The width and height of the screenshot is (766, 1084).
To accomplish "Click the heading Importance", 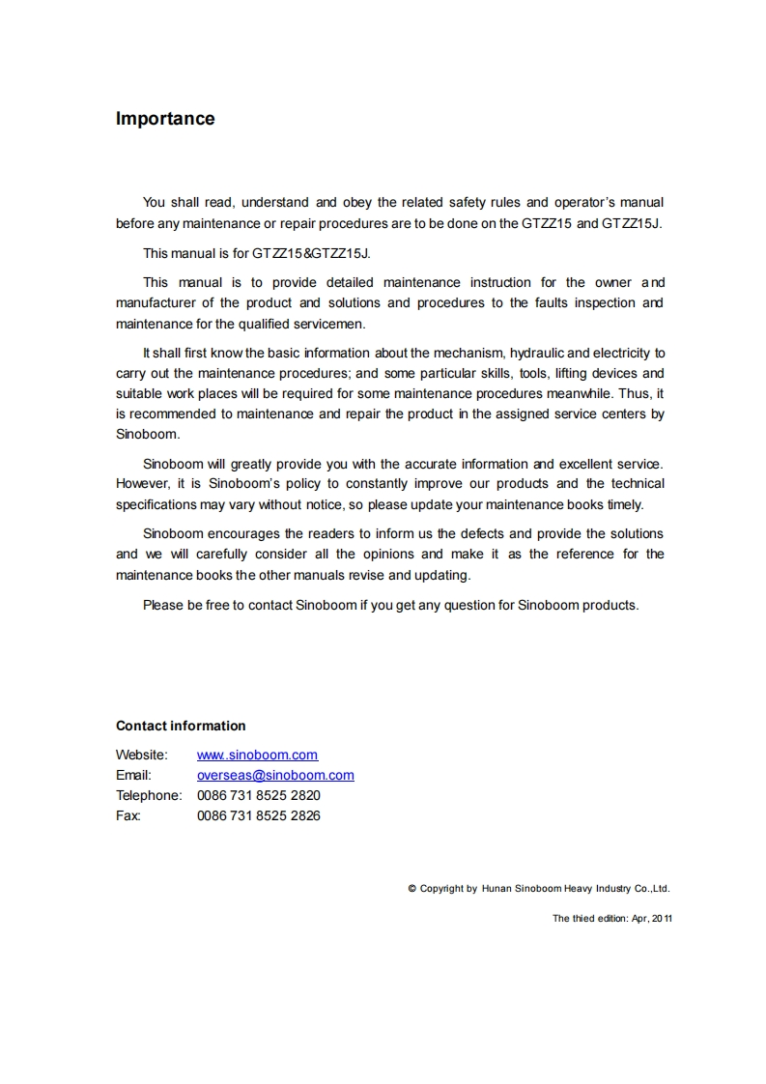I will [165, 119].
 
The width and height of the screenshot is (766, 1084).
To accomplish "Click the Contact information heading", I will [181, 726].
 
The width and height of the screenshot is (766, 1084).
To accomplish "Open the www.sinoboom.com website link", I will [257, 755].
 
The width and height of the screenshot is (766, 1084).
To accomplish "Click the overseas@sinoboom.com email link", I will [275, 775].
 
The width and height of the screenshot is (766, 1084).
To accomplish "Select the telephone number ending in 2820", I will [258, 795].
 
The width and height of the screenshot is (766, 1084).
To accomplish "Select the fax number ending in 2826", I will [258, 815].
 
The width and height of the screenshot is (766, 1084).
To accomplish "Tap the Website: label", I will [142, 755].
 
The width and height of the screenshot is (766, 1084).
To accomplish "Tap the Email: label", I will [133, 775].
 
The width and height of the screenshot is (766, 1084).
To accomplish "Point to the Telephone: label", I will [149, 795].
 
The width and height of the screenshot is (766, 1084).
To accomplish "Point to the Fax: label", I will [128, 815].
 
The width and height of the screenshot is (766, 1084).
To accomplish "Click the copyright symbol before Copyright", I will [412, 888].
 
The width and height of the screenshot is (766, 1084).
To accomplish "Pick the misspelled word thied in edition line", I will [582, 919].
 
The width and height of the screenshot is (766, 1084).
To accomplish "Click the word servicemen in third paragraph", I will [329, 324].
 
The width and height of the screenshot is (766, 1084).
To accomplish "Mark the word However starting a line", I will [142, 483].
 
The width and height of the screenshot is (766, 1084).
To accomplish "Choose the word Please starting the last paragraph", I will [163, 605].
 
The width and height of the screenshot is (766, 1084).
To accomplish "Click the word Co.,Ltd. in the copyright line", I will [652, 888].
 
